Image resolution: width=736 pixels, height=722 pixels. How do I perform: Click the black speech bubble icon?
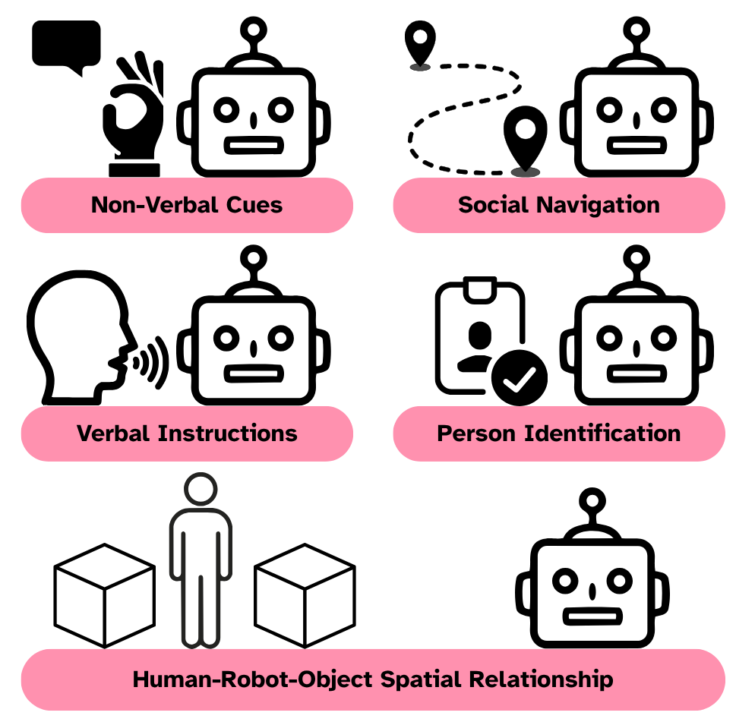pyautogui.click(x=66, y=46)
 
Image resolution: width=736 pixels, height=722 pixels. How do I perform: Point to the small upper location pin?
pyautogui.click(x=419, y=45)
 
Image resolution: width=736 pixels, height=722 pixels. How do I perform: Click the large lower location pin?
pyautogui.click(x=524, y=141)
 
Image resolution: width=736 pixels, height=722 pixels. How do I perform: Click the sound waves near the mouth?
pyautogui.click(x=153, y=360)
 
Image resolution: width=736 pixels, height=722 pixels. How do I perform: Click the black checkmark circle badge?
pyautogui.click(x=520, y=377)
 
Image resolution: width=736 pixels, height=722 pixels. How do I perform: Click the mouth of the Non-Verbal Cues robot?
pyautogui.click(x=251, y=145)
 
